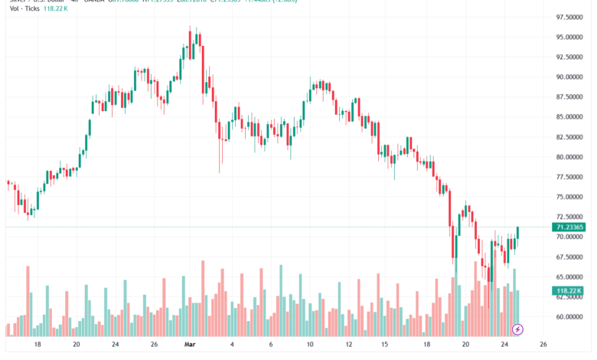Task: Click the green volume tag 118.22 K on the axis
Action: coord(568,291)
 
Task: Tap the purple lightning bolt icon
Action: coord(517,329)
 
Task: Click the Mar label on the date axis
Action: coord(191,345)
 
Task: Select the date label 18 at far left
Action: coord(37,345)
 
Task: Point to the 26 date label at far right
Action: coord(543,345)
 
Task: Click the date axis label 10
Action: coord(309,345)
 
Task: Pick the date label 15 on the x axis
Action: coord(386,345)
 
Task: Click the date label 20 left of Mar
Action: coord(76,345)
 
